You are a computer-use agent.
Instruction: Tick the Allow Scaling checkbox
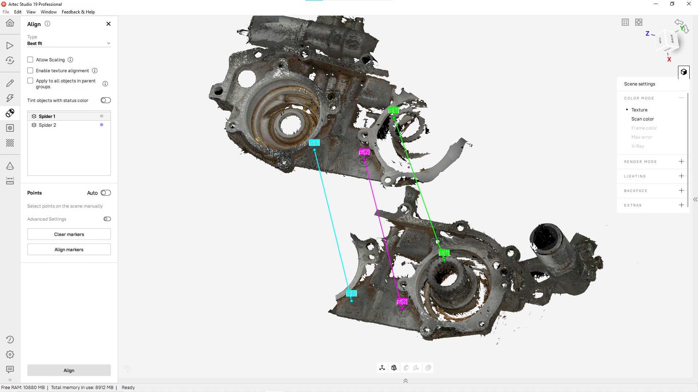point(30,60)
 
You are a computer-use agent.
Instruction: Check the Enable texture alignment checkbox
point(30,70)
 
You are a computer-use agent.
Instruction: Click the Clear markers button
point(69,234)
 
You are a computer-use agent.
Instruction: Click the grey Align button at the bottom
point(69,370)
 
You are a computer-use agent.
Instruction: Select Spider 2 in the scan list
point(47,125)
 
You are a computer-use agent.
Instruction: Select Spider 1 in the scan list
point(47,116)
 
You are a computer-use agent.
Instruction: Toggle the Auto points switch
point(106,193)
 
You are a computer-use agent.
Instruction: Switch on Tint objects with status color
point(106,100)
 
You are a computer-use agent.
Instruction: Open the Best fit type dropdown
point(69,43)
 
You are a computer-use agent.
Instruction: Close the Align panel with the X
point(108,24)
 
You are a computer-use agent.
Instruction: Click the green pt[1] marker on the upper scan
point(393,110)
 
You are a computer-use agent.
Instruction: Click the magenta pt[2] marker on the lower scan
point(402,302)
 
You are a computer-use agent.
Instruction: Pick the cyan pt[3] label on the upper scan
point(314,143)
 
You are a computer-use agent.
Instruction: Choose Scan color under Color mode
point(642,119)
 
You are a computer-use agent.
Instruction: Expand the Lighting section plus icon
point(681,176)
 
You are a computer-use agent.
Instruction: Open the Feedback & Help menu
point(78,12)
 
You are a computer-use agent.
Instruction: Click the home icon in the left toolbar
point(10,23)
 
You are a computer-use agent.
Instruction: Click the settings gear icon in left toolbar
point(10,354)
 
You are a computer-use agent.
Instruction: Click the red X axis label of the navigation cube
point(669,59)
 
